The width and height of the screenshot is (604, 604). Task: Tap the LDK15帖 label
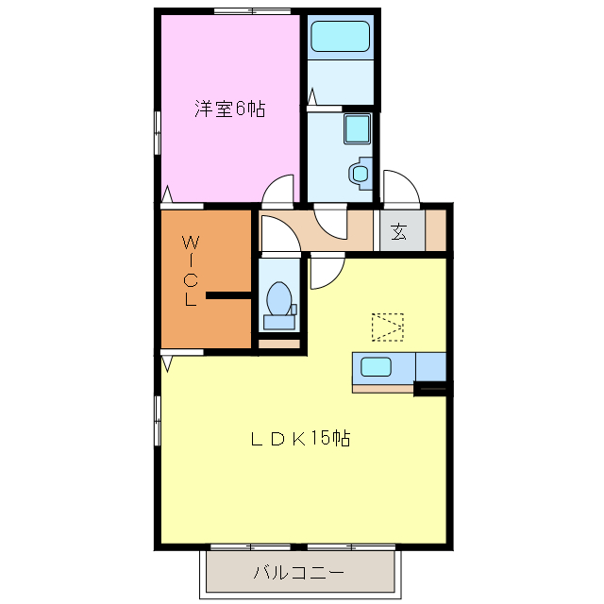300,439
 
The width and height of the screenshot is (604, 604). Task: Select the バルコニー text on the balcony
298,572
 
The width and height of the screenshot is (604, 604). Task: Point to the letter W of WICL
190,239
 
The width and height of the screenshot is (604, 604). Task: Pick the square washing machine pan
358,128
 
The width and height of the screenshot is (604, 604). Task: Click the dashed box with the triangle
387,327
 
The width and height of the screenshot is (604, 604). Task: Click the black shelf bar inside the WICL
227,296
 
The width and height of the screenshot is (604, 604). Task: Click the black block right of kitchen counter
432,387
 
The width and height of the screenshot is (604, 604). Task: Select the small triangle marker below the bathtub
310,96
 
